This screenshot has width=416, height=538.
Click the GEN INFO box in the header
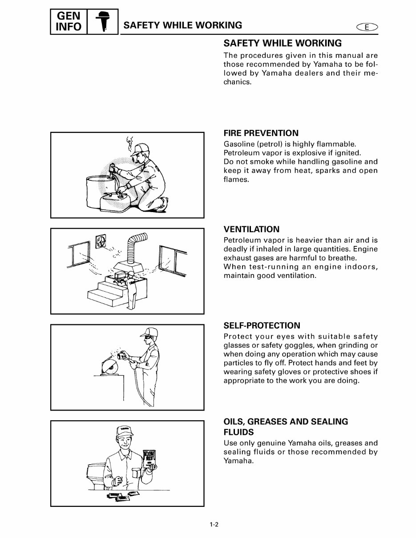pyautogui.click(x=69, y=22)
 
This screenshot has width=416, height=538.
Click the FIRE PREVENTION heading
pyautogui.click(x=261, y=133)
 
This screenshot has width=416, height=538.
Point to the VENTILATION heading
pyautogui.click(x=251, y=229)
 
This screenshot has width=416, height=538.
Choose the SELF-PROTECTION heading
pyautogui.click(x=262, y=325)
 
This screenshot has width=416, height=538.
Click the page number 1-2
pyautogui.click(x=214, y=524)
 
